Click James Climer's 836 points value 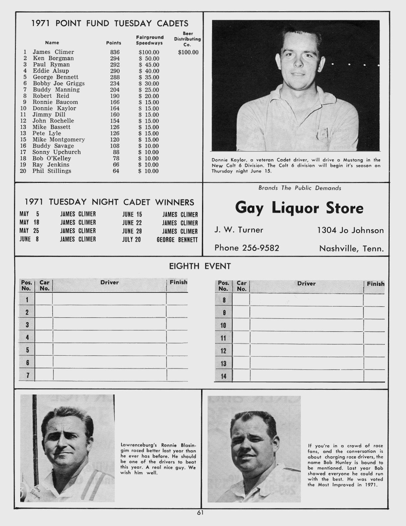pyautogui.click(x=115, y=52)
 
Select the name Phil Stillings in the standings pyautogui.click(x=52, y=171)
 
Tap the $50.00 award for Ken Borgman pyautogui.click(x=149, y=59)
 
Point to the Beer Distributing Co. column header pyautogui.click(x=188, y=39)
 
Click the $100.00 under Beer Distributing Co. pyautogui.click(x=188, y=52)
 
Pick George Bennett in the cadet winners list pyautogui.click(x=177, y=239)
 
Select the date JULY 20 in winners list pyautogui.click(x=131, y=239)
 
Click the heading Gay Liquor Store pyautogui.click(x=299, y=208)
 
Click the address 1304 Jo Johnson pyautogui.click(x=350, y=230)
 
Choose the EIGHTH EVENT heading pyautogui.click(x=200, y=266)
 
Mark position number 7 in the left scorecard pyautogui.click(x=27, y=375)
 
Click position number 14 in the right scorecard pyautogui.click(x=224, y=376)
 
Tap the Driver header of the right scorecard pyautogui.click(x=306, y=284)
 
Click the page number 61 pyautogui.click(x=200, y=513)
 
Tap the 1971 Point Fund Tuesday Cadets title pyautogui.click(x=110, y=23)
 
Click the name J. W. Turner pyautogui.click(x=239, y=230)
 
